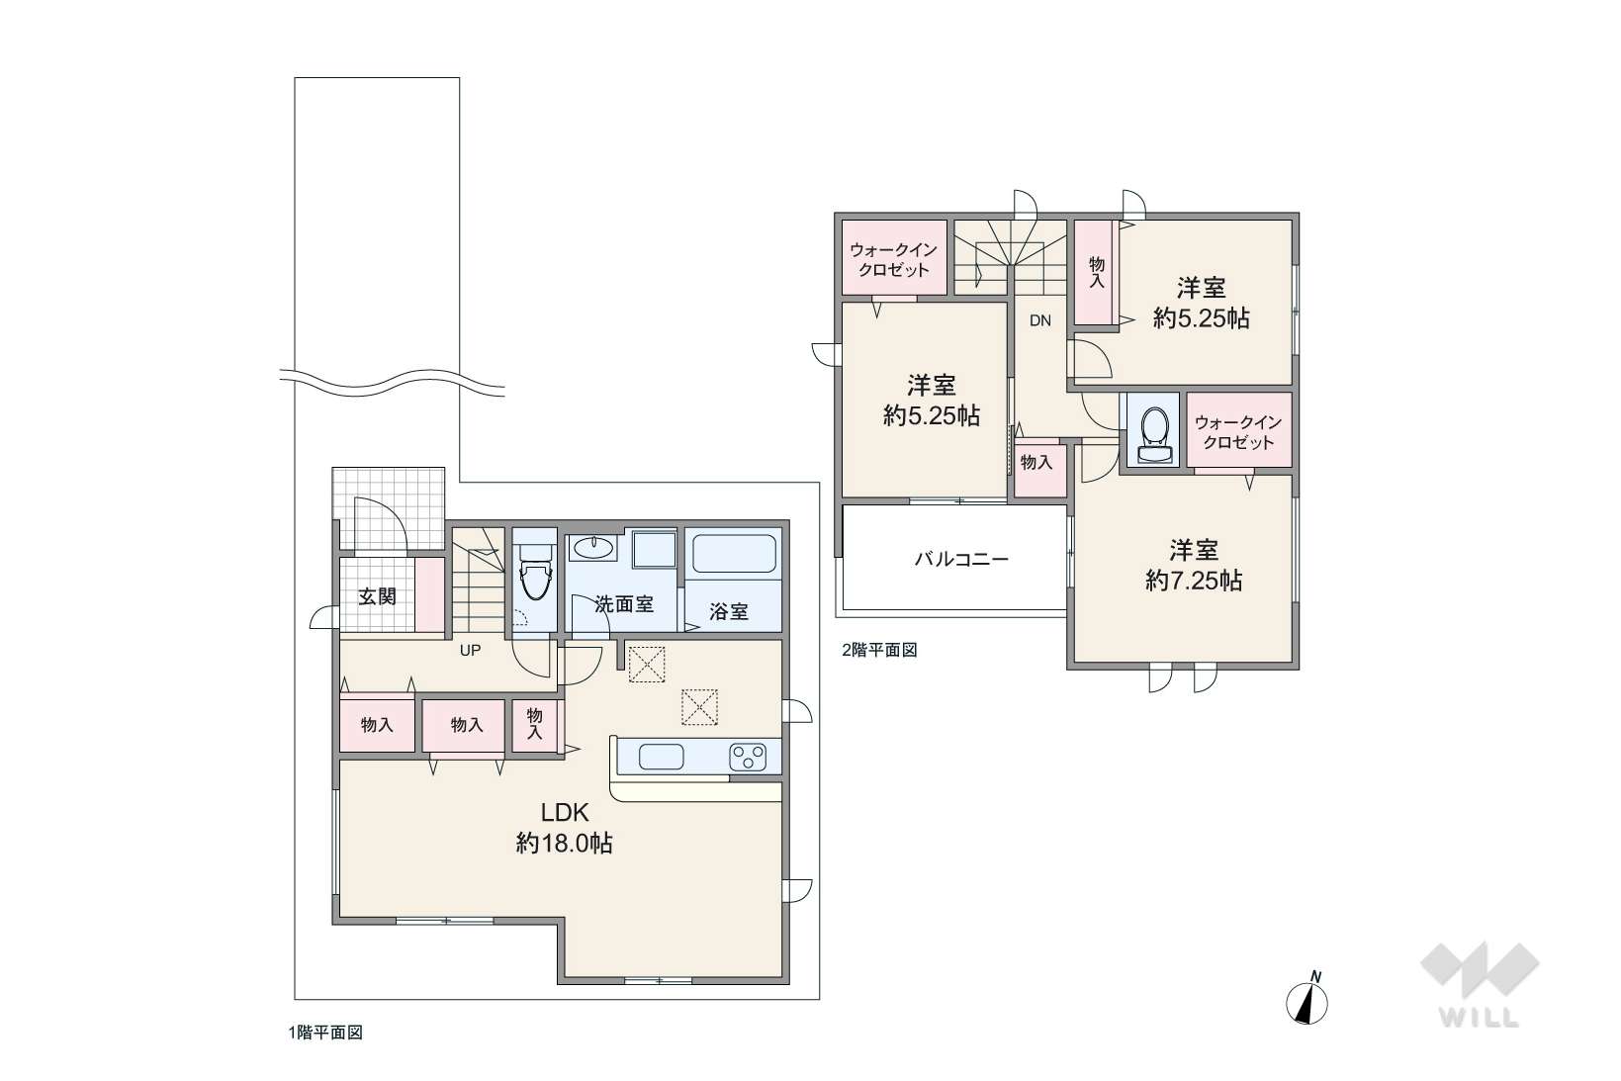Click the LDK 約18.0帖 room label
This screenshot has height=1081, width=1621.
565,828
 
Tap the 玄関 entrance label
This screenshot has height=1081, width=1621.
377,597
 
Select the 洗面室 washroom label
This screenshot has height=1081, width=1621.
624,604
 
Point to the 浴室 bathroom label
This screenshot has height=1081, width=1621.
728,611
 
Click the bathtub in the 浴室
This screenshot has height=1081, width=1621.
734,554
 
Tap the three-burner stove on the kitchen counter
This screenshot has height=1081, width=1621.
749,758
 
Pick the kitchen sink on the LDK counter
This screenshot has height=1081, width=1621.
661,758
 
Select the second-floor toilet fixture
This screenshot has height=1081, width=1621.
1153,435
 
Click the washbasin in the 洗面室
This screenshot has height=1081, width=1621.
593,548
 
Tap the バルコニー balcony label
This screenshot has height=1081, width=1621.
961,559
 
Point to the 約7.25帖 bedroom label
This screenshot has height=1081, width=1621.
1194,565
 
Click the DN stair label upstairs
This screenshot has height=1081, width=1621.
1039,320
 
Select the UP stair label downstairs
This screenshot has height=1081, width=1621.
471,651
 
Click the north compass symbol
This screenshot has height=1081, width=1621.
1306,999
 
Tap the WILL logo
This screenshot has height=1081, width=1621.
1480,985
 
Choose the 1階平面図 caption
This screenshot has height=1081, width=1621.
325,1033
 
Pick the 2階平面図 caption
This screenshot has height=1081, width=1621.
879,650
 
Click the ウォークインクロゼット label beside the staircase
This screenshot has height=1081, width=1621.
894,260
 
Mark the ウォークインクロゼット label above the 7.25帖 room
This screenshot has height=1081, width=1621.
1238,432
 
